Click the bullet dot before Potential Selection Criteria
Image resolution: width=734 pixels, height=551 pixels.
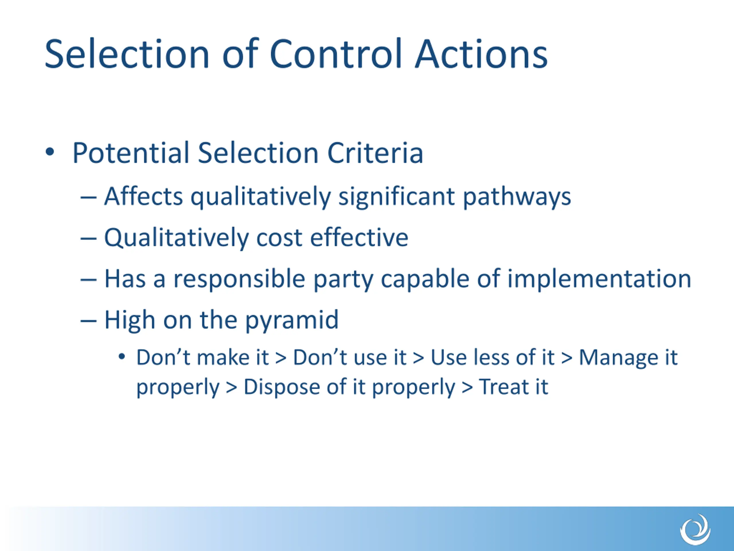[50, 152]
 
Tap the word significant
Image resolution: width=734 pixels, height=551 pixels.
[397, 197]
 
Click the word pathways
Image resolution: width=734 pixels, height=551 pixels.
[517, 197]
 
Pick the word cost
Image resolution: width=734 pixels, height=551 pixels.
[279, 238]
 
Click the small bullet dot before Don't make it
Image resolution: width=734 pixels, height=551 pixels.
[122, 357]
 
